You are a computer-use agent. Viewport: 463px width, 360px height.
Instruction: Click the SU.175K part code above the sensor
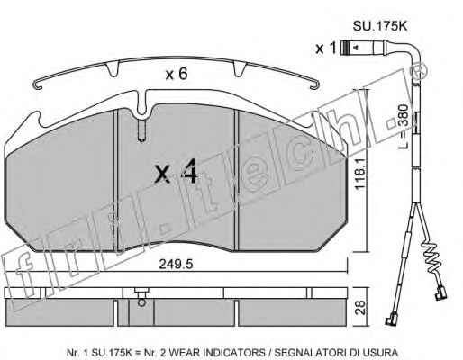tap(379, 26)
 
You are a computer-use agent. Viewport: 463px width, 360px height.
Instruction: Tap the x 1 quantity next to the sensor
tap(325, 48)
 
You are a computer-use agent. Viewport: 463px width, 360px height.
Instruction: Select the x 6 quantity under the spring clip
tap(177, 74)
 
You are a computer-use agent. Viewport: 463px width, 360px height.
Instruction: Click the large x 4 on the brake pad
tap(176, 171)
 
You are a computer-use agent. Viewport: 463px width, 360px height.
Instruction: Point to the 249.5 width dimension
tap(176, 265)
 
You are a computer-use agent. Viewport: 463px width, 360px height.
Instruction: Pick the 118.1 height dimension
tap(360, 174)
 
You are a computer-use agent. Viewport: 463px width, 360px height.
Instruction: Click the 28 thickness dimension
tap(360, 307)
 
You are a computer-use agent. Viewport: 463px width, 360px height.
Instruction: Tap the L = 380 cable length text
tap(404, 126)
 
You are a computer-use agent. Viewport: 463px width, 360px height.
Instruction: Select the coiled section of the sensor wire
tap(431, 256)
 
